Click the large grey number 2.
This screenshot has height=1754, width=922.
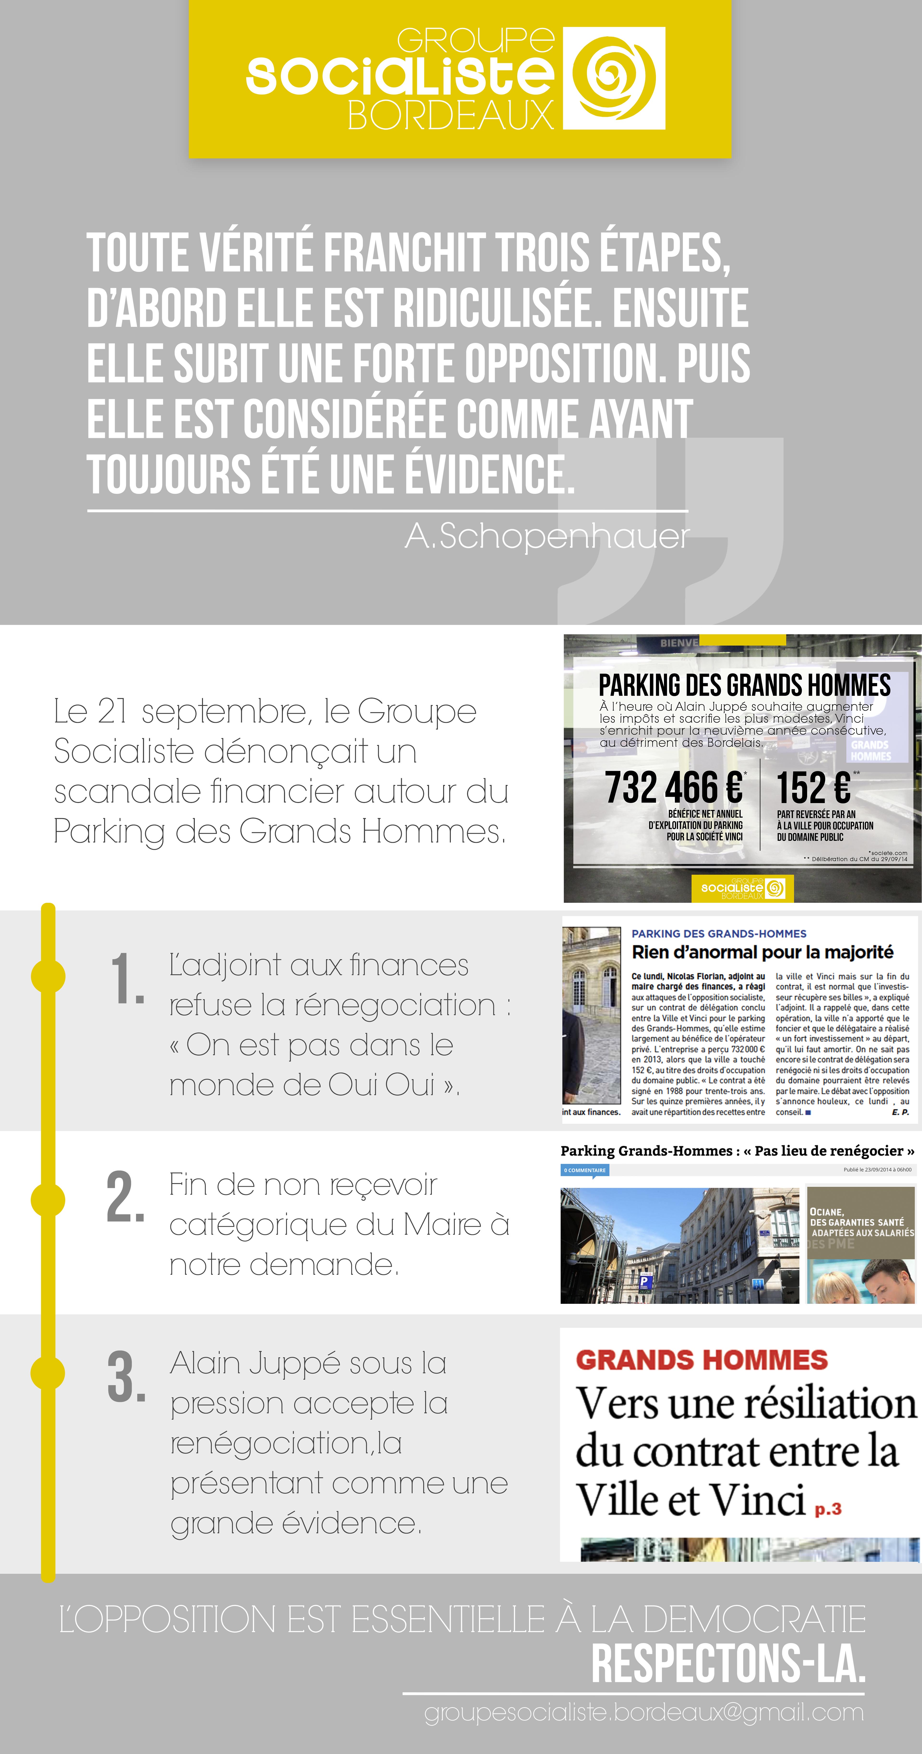pyautogui.click(x=126, y=1197)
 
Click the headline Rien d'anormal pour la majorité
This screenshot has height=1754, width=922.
pyautogui.click(x=762, y=952)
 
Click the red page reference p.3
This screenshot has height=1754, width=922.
pyautogui.click(x=828, y=1509)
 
